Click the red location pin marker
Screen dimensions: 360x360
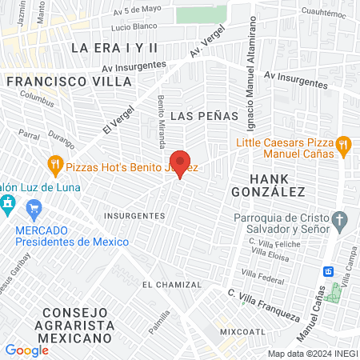tap(180, 162)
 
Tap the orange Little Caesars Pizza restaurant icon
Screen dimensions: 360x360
tap(344, 145)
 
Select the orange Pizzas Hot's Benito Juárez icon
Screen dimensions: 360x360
tap(55, 167)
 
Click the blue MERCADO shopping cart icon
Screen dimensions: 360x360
tap(33, 211)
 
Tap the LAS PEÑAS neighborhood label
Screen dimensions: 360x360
tap(210, 115)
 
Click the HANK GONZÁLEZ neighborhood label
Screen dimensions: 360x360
tap(268, 185)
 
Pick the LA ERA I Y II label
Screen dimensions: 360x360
tap(115, 48)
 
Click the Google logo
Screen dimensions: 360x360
tap(26, 350)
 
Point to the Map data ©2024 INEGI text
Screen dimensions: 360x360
tap(312, 354)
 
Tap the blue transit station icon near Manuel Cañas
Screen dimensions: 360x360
tap(328, 270)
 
